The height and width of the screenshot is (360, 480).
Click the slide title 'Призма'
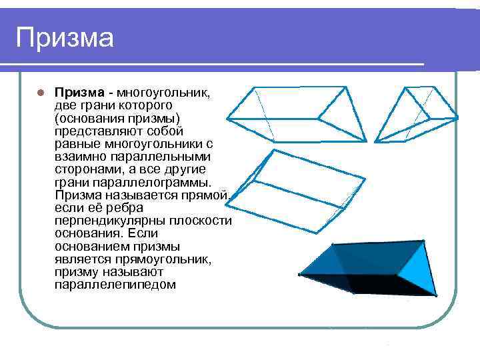[65, 37]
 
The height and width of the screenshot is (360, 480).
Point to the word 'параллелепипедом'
[115, 285]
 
